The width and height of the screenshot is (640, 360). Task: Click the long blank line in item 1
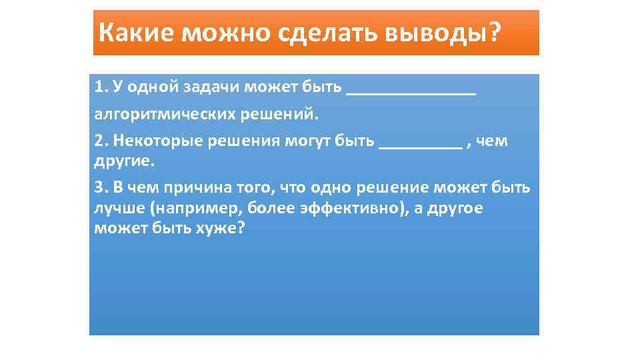(x=411, y=93)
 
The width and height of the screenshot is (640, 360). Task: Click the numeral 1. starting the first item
(x=101, y=87)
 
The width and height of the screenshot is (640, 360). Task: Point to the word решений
(x=282, y=114)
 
